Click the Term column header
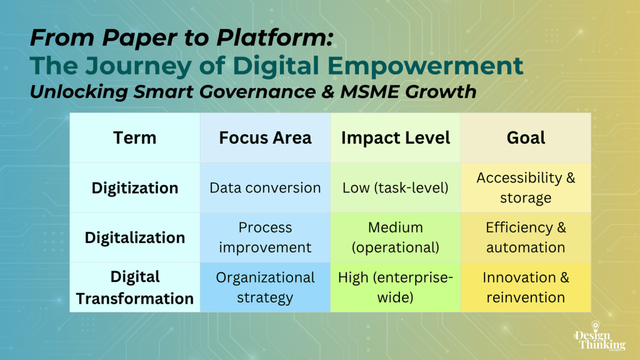[x=135, y=138]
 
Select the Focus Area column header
[x=265, y=138]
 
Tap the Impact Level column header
[x=396, y=138]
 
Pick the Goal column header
[x=526, y=138]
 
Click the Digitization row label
[x=135, y=188]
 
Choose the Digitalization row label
[x=135, y=237]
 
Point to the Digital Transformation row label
[x=135, y=287]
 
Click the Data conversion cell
[x=265, y=187]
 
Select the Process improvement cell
[x=265, y=237]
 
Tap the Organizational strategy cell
[x=265, y=287]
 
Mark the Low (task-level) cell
[x=396, y=187]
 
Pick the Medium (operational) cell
[x=396, y=237]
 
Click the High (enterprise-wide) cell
[x=396, y=287]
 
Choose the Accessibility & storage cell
[x=526, y=187]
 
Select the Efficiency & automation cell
[x=526, y=237]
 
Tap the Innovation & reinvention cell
[x=526, y=287]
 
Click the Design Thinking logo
[x=599, y=336]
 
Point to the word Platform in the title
[x=275, y=37]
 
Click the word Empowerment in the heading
[x=425, y=66]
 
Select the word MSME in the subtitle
[x=369, y=92]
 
